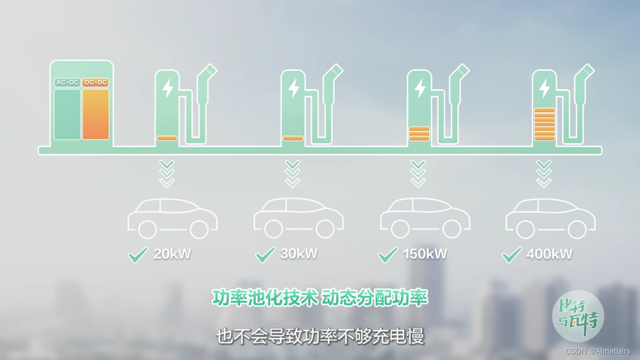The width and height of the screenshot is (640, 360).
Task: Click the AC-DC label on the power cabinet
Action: pyautogui.click(x=67, y=83)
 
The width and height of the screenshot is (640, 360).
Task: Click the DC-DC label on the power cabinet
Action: pyautogui.click(x=96, y=83)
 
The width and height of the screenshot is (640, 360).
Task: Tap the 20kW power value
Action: pyautogui.click(x=172, y=254)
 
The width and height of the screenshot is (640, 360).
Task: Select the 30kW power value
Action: pyautogui.click(x=299, y=254)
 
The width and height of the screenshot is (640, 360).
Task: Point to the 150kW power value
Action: pyautogui.click(x=425, y=254)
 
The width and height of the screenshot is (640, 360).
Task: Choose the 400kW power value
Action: pyautogui.click(x=549, y=254)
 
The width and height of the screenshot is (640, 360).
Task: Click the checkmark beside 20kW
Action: pyautogui.click(x=138, y=254)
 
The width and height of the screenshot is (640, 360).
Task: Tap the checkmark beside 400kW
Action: pyautogui.click(x=512, y=254)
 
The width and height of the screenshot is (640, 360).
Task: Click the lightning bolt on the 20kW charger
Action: pyautogui.click(x=167, y=88)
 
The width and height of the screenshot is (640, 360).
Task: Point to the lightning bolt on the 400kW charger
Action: pyautogui.click(x=544, y=88)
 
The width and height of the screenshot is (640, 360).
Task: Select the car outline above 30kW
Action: pyautogui.click(x=298, y=217)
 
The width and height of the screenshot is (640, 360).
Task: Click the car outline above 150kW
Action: pyautogui.click(x=425, y=217)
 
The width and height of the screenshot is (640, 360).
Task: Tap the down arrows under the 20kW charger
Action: pyautogui.click(x=167, y=174)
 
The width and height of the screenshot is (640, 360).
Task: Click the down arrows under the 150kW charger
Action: pyautogui.click(x=418, y=174)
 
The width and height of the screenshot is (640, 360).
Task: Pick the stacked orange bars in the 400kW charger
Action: pyautogui.click(x=544, y=124)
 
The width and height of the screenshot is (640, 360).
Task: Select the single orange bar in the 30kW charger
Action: pyautogui.click(x=293, y=138)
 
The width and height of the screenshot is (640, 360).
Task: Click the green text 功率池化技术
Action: pyautogui.click(x=265, y=298)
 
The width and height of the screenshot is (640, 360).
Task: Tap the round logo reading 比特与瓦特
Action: pyautogui.click(x=578, y=316)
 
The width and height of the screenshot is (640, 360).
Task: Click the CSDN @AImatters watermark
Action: pyautogui.click(x=598, y=351)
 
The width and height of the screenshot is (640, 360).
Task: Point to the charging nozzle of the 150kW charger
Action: pyautogui.click(x=462, y=72)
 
